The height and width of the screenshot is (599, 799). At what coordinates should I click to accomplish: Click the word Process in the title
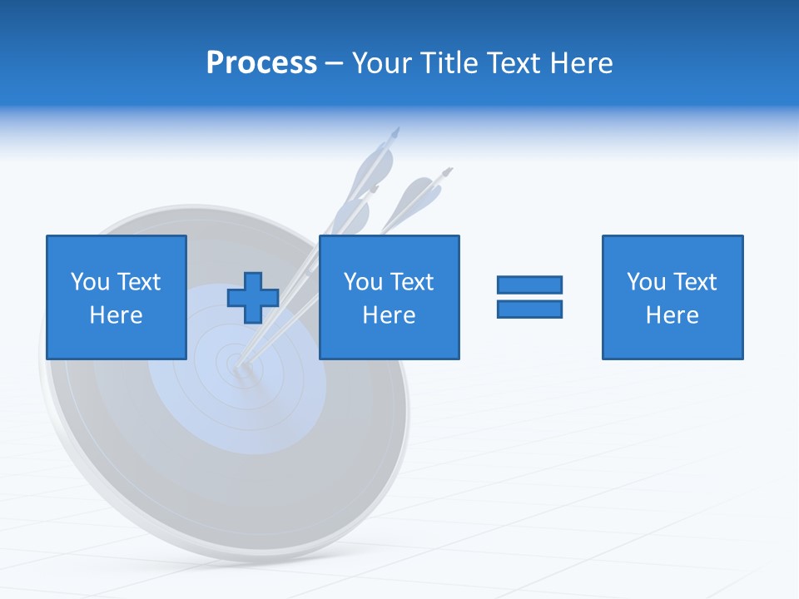[x=261, y=63]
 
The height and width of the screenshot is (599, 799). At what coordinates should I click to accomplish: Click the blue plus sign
[x=253, y=298]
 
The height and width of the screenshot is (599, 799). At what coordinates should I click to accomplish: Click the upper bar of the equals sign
[x=529, y=285]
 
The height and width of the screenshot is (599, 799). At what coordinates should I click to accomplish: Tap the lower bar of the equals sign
[x=529, y=309]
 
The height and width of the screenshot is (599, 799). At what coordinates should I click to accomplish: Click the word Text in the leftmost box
[x=138, y=282]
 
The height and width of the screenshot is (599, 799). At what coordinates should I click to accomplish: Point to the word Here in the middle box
[x=389, y=315]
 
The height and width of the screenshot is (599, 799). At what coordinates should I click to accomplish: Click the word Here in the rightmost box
[x=672, y=315]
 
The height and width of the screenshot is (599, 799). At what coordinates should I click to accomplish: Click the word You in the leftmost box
[x=90, y=282]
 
